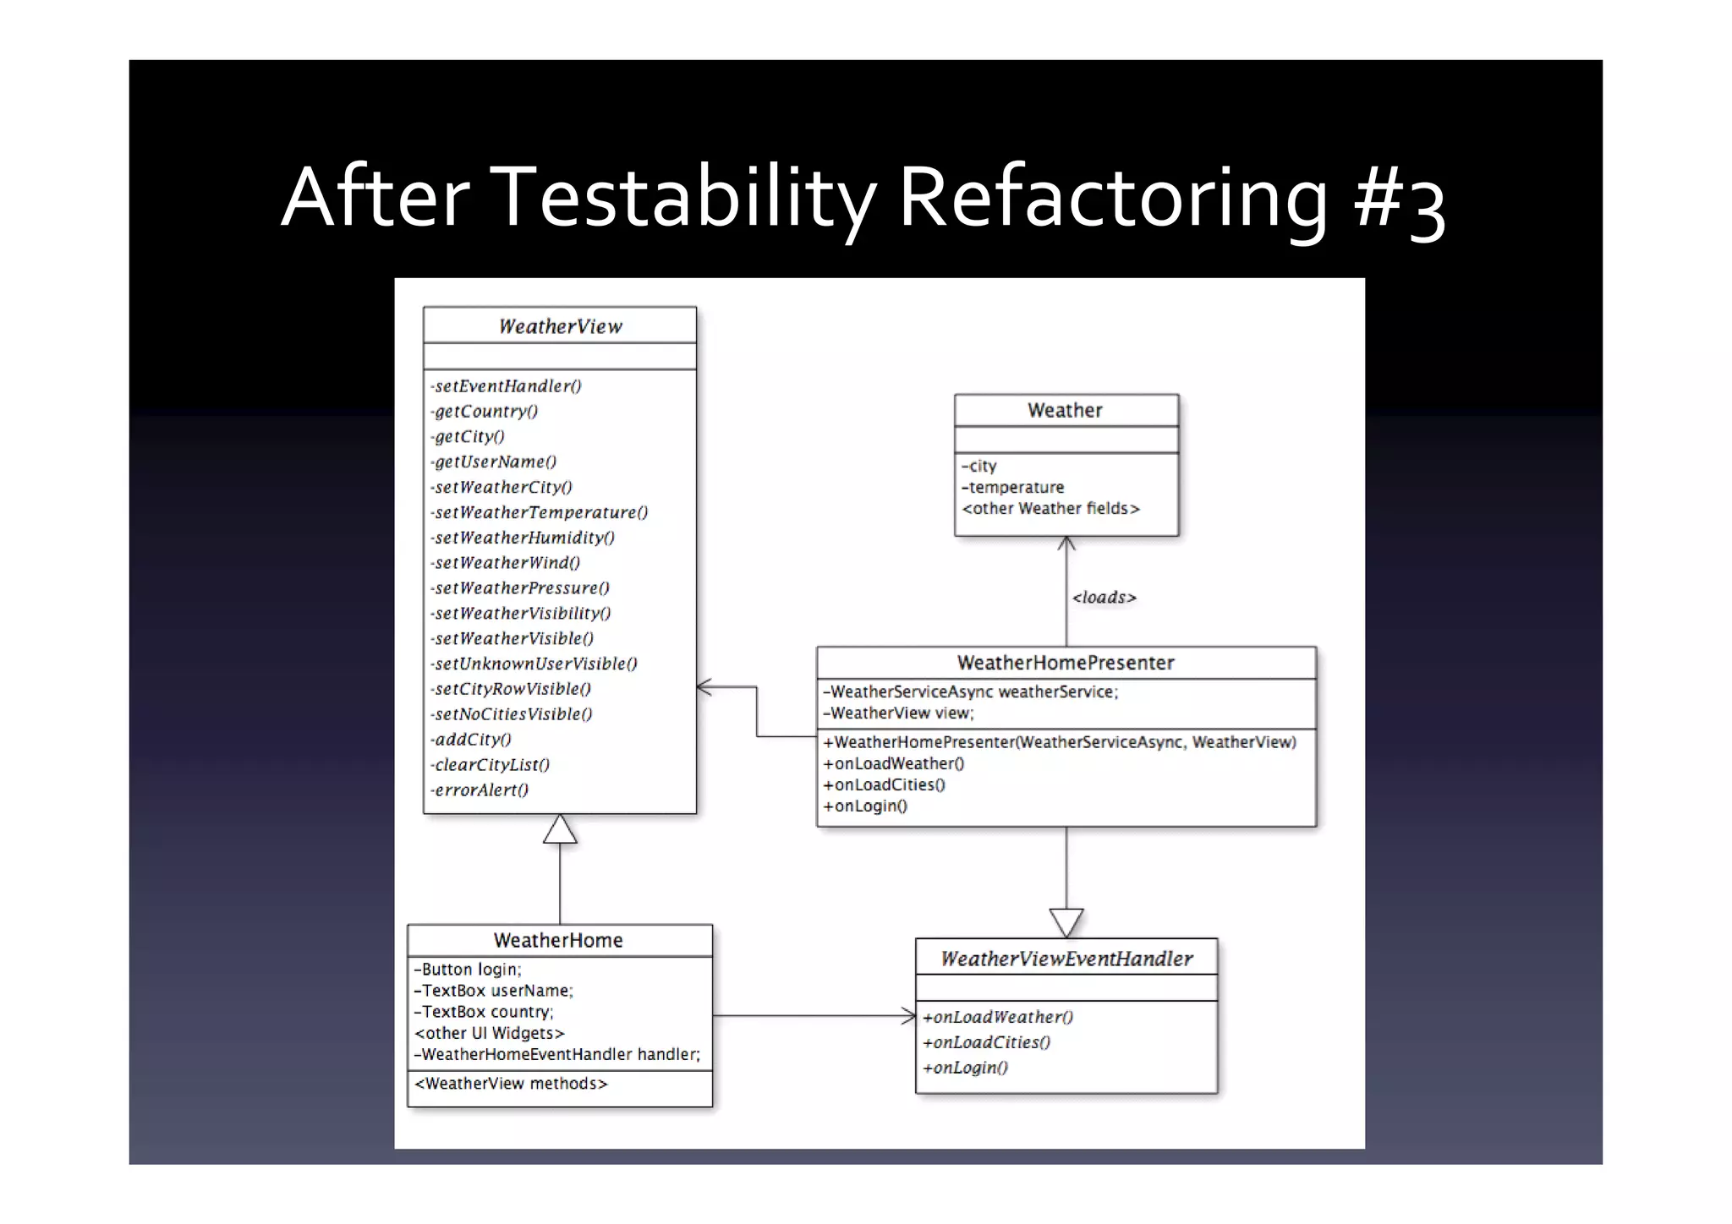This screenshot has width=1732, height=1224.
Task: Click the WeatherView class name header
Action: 560,326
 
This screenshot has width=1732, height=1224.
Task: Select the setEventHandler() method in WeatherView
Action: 507,386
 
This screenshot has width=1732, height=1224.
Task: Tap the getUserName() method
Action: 495,462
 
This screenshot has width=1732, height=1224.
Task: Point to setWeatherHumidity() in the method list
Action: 523,538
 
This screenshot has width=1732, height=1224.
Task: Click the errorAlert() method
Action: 480,790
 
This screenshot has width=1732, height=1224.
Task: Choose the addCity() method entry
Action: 472,740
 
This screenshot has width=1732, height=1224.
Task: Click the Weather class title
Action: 1065,410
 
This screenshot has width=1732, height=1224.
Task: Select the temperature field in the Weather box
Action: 1013,487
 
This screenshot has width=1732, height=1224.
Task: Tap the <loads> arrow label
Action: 1104,598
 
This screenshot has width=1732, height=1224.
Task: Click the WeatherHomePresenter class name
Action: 1065,663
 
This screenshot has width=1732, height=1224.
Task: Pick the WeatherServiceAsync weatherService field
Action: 971,691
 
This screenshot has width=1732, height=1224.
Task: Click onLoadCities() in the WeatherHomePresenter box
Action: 885,784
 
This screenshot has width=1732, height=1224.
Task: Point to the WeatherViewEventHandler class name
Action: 1066,959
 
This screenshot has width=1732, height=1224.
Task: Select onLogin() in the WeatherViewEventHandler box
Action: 966,1068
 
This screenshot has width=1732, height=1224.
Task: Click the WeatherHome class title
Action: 558,940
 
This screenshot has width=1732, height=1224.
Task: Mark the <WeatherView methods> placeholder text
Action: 511,1084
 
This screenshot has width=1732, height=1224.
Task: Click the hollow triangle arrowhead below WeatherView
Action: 560,830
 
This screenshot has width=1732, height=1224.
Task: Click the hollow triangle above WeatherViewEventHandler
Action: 1066,921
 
